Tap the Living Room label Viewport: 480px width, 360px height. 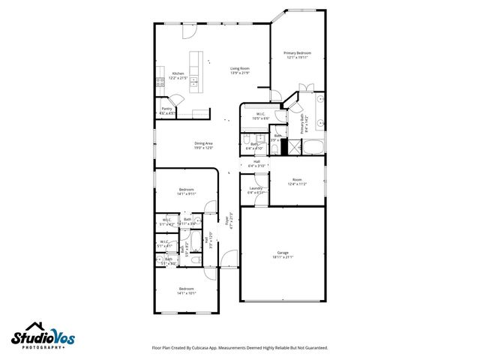(239, 68)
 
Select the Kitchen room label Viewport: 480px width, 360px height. (178, 73)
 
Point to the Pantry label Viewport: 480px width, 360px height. (167, 109)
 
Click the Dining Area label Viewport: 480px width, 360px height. (203, 142)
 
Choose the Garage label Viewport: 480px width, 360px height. (283, 253)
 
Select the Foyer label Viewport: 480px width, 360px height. (227, 220)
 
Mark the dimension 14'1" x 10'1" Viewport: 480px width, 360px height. (187, 293)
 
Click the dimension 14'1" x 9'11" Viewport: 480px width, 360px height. (186, 193)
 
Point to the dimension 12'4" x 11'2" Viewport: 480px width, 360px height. (297, 184)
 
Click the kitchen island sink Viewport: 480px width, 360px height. (194, 79)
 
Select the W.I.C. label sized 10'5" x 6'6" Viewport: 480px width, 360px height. (260, 115)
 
